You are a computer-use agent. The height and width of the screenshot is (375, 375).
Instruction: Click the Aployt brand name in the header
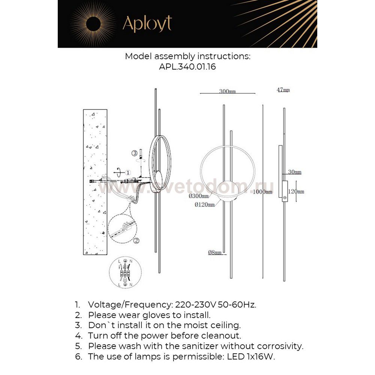coord(147,24)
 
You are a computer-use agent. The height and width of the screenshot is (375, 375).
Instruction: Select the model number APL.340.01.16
coord(187,67)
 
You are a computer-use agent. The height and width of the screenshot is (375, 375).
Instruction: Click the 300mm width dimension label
coord(227,91)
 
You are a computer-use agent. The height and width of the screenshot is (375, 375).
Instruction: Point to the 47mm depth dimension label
coord(283,90)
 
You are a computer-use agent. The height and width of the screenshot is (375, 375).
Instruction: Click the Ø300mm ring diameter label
coord(199,196)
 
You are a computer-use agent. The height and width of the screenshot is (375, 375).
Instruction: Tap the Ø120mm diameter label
coord(205,204)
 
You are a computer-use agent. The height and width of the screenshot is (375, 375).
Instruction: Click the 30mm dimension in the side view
coord(295,172)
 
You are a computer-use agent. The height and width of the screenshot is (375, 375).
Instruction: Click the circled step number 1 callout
coord(127,172)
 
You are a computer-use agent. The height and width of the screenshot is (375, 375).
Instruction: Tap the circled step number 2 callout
coord(136,240)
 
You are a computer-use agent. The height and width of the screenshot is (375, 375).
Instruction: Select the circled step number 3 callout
coord(134,153)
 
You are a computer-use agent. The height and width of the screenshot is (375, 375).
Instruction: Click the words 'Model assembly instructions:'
coord(187,57)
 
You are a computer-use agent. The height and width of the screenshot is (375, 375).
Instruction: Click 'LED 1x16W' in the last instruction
coord(251,356)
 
